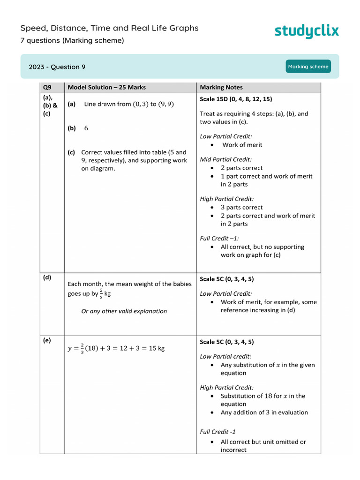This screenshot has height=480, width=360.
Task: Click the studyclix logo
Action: (306, 31)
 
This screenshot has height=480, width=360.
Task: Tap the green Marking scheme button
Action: (308, 67)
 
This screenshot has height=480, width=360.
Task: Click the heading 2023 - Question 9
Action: (57, 67)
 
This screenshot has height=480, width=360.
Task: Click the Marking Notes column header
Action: (221, 87)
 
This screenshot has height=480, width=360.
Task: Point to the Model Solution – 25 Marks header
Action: (107, 87)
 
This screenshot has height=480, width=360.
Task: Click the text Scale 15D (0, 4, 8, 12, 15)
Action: (236, 99)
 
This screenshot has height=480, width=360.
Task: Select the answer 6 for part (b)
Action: (86, 128)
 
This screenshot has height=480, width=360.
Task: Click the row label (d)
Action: (47, 277)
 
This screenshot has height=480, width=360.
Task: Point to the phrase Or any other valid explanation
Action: (124, 311)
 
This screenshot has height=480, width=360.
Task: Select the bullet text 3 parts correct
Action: (242, 207)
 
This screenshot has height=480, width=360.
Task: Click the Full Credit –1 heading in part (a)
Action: (219, 238)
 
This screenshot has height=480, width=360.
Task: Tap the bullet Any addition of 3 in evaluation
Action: (264, 412)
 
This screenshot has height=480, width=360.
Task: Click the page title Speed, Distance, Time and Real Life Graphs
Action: (109, 28)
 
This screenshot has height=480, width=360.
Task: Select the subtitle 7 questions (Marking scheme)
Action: (72, 41)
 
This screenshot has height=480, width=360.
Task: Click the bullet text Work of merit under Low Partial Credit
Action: (242, 145)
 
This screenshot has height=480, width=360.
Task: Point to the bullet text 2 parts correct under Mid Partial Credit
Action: (242, 168)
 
